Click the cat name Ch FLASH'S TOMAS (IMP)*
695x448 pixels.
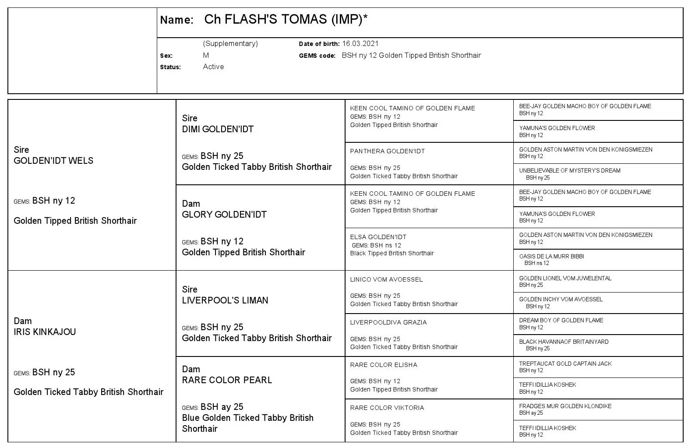pyautogui.click(x=286, y=20)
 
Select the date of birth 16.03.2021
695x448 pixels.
pyautogui.click(x=360, y=44)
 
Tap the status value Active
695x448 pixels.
pyautogui.click(x=213, y=67)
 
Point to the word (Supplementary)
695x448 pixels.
pyautogui.click(x=230, y=44)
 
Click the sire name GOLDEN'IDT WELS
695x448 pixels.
pyautogui.click(x=53, y=161)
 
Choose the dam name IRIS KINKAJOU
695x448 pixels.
pyautogui.click(x=45, y=332)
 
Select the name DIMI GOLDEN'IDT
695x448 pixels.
pyautogui.click(x=218, y=129)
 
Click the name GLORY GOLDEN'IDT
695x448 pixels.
pyautogui.click(x=224, y=215)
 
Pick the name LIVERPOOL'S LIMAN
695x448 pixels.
pyautogui.click(x=225, y=300)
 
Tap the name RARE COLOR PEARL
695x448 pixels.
pyautogui.click(x=227, y=380)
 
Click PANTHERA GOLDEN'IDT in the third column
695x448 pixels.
pyautogui.click(x=387, y=152)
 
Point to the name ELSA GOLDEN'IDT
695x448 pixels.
pyautogui.click(x=378, y=237)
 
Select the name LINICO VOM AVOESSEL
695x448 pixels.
pyautogui.click(x=386, y=279)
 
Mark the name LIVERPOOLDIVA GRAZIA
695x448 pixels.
pyautogui.click(x=388, y=322)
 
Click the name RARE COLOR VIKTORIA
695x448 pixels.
pyautogui.click(x=387, y=408)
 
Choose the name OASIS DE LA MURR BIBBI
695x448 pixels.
pyautogui.click(x=551, y=257)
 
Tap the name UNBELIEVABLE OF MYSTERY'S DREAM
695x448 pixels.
pyautogui.click(x=570, y=171)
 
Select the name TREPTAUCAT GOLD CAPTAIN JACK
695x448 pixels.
pyautogui.click(x=565, y=364)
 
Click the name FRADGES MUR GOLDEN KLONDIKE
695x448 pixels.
pyautogui.click(x=565, y=406)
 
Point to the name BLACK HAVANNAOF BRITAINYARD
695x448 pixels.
pyautogui.click(x=564, y=342)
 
